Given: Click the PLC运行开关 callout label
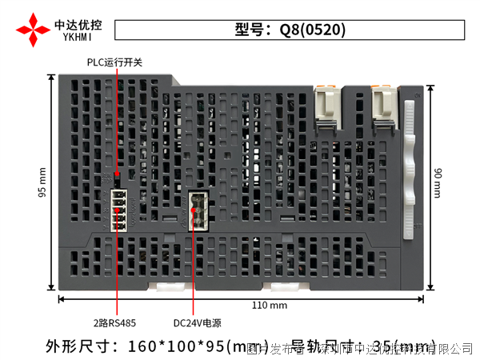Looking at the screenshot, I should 114,62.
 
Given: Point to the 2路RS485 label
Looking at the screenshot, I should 114,324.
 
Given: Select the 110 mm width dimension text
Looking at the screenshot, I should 270,306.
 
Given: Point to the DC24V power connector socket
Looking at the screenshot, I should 198,210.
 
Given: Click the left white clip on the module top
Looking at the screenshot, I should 327,108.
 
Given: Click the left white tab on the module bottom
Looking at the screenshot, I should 170,286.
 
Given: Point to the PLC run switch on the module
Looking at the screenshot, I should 117,174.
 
